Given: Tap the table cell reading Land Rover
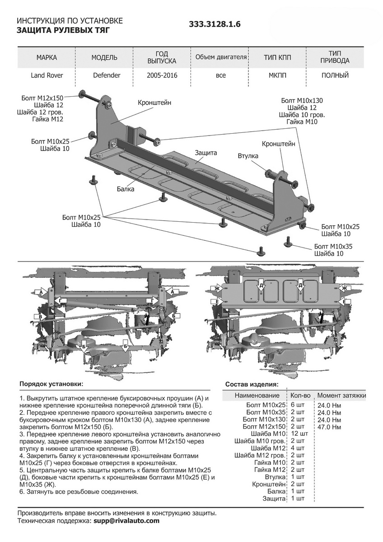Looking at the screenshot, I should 47,75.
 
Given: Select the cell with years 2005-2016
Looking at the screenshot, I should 162,75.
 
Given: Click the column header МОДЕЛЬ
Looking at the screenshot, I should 104,57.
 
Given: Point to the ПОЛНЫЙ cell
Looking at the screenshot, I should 335,75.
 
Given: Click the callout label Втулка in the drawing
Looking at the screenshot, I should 248,156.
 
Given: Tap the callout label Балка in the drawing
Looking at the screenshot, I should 125,189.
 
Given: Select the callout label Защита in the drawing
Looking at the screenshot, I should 206,153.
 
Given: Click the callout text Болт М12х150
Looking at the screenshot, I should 42,98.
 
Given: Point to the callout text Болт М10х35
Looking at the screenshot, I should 333,246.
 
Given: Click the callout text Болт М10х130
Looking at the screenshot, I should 302,101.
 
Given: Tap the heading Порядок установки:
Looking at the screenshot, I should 51,384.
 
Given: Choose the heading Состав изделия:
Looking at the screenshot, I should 252,384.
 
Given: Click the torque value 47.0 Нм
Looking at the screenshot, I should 329,427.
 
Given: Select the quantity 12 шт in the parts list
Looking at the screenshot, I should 299,434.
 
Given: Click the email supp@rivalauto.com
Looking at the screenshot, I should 126,521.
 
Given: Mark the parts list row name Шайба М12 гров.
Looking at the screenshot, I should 260,455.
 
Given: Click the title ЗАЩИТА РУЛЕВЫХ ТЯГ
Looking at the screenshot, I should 63,30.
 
